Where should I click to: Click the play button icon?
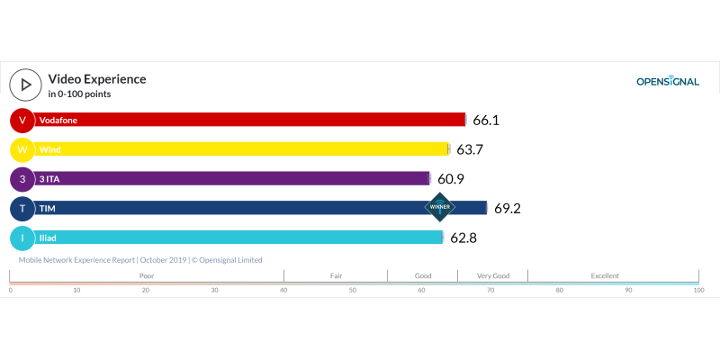coord(24,85)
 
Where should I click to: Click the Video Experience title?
coord(96,79)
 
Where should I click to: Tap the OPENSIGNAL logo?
coord(667,81)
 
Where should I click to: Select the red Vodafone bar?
coord(252,120)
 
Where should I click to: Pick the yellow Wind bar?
coord(243,149)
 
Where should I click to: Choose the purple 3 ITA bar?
coord(234,178)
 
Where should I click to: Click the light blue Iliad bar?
coord(238,238)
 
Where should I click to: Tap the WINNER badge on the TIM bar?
coord(440,207)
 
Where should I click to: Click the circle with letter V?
coord(22,120)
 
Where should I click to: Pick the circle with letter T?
coord(22,208)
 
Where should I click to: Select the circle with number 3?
coord(22,179)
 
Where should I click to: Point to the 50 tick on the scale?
coord(353,290)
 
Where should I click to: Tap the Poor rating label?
coord(147,275)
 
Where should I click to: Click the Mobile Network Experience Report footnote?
coord(140,260)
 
